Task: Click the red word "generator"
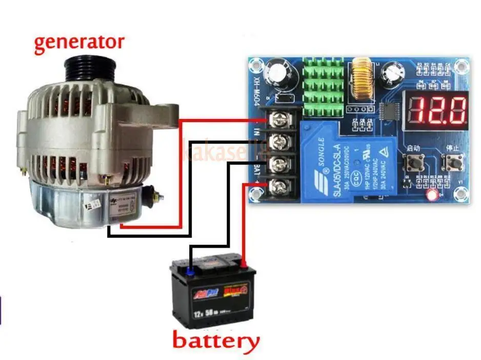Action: pos(79,42)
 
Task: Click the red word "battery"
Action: pos(215,341)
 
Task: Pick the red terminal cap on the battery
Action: pos(244,265)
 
